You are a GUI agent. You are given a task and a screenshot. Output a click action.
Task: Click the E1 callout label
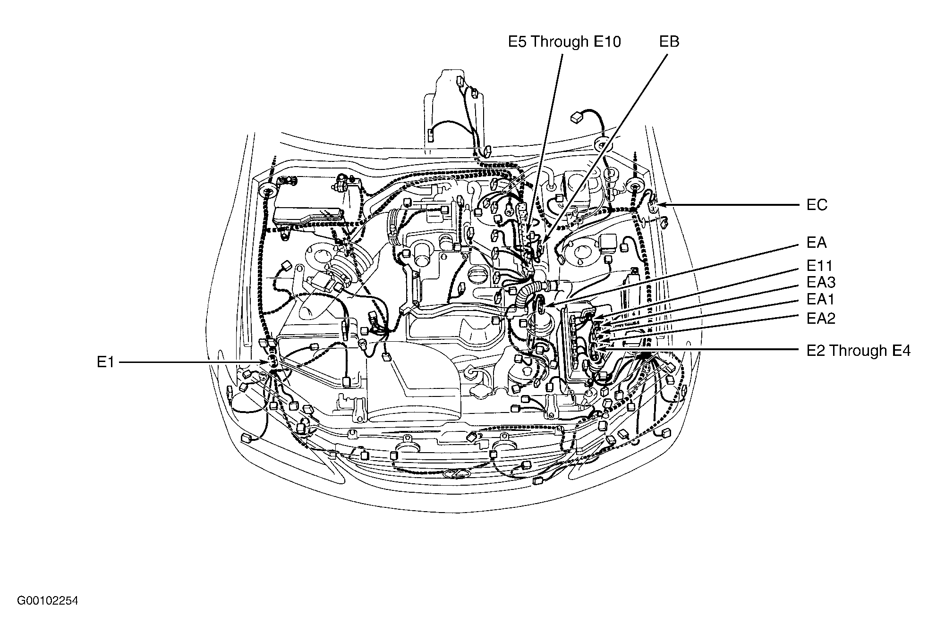(105, 362)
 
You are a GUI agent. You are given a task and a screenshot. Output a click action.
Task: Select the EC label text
(817, 205)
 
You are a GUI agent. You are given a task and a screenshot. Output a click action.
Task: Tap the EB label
(669, 42)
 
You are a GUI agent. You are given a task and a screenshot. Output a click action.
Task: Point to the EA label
(817, 243)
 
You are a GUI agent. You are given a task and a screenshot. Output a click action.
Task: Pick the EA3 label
(821, 282)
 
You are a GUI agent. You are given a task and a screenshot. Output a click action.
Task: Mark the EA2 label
(821, 318)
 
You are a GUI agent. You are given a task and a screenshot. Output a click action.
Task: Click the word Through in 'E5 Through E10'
(560, 42)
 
